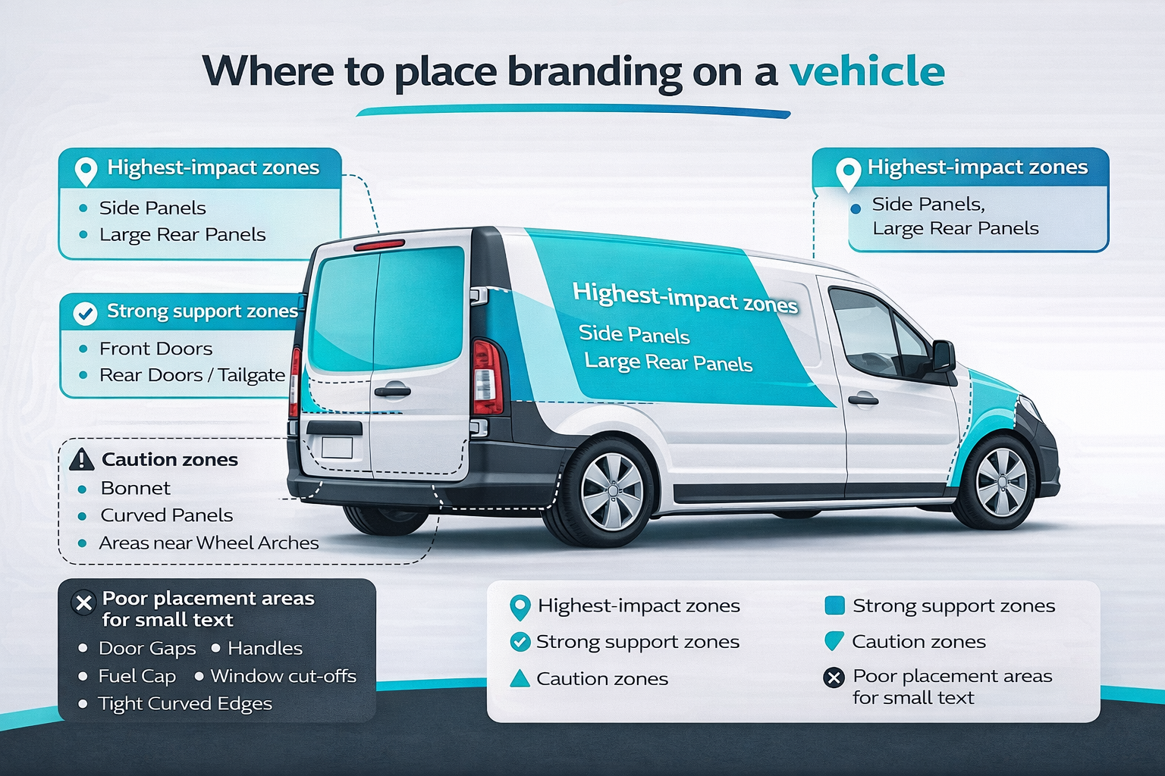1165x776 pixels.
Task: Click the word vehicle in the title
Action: (x=867, y=72)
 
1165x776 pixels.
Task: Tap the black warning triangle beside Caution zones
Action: (x=81, y=459)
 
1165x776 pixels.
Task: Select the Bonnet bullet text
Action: (x=135, y=488)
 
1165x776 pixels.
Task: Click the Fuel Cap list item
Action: (x=137, y=676)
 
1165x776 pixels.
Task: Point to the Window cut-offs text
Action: (x=283, y=676)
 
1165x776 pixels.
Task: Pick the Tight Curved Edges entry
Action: (x=184, y=703)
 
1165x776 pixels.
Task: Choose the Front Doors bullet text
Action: (x=155, y=349)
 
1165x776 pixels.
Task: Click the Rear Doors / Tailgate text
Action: (x=192, y=375)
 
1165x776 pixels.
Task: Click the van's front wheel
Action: (x=1000, y=482)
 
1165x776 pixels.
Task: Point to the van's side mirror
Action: (x=944, y=355)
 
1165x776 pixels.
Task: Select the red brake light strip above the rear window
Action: (x=379, y=245)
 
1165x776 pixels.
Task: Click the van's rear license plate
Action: (x=337, y=447)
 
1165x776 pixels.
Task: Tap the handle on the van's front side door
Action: (x=862, y=399)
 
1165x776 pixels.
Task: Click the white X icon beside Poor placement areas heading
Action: (x=83, y=603)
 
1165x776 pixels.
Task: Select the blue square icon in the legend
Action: (x=834, y=605)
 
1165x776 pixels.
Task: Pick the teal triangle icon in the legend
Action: (x=520, y=678)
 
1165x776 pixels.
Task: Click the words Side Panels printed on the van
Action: (x=633, y=334)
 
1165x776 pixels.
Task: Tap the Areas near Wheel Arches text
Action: (x=209, y=543)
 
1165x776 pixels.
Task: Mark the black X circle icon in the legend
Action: (x=834, y=677)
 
